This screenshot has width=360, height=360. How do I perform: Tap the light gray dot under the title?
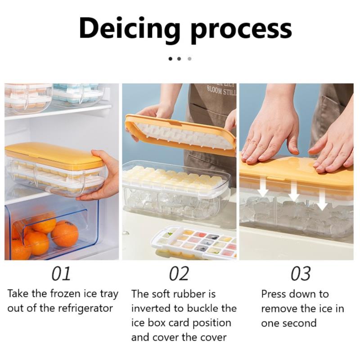point(189,59)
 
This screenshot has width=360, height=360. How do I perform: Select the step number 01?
point(61,274)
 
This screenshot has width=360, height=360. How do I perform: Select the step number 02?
point(179,274)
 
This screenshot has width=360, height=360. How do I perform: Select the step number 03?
point(301,274)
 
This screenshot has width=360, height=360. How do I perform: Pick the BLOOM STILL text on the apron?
point(221,91)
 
